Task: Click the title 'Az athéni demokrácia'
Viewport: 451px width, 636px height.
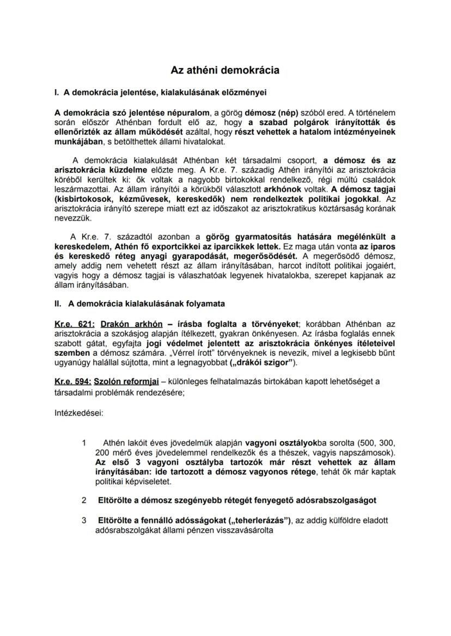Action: pyautogui.click(x=225, y=70)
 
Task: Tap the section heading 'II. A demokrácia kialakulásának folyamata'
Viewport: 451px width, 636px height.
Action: pyautogui.click(x=139, y=303)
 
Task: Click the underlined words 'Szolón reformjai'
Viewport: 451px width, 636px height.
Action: pyautogui.click(x=123, y=381)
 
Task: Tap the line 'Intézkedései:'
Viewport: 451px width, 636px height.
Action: pyautogui.click(x=79, y=412)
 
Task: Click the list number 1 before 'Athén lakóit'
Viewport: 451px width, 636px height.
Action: pyautogui.click(x=84, y=443)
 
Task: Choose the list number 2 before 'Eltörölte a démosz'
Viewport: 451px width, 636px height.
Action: pyautogui.click(x=84, y=499)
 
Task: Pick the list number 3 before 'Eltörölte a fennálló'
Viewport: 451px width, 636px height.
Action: pyautogui.click(x=84, y=521)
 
